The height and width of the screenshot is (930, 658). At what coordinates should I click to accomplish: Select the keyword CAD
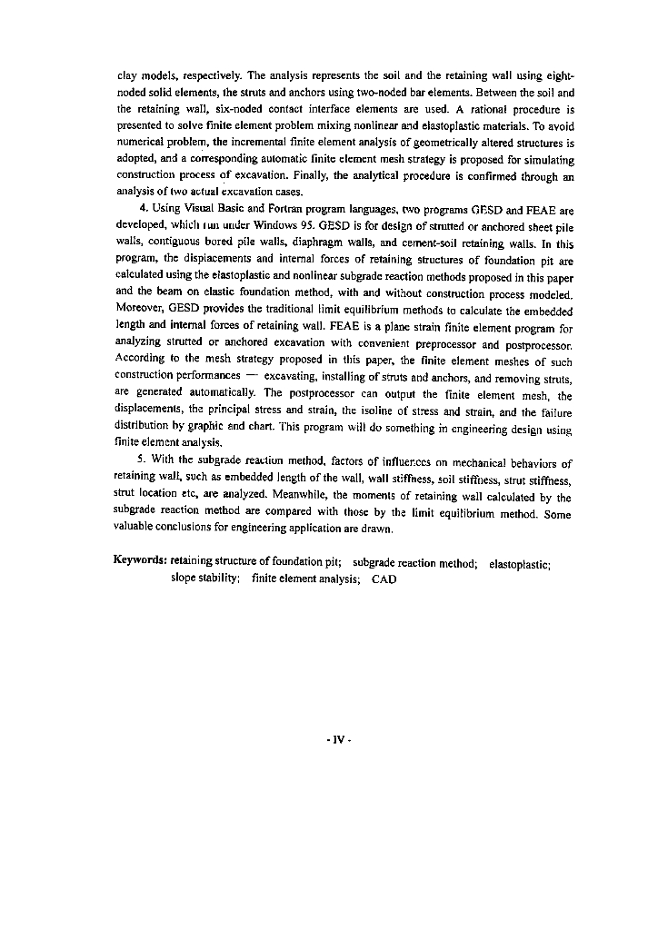[x=384, y=579]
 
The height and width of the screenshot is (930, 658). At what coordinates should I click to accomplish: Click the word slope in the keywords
[x=184, y=579]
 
